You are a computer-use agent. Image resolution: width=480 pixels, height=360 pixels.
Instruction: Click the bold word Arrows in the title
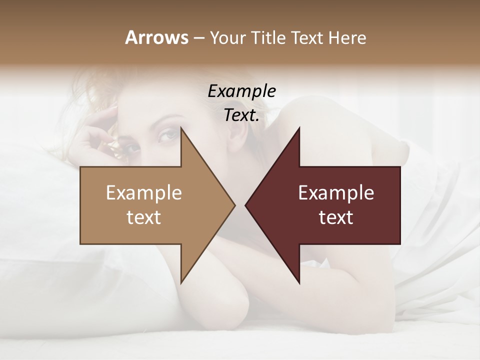[x=156, y=37]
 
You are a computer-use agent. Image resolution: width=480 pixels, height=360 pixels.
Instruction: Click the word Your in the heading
[x=225, y=38]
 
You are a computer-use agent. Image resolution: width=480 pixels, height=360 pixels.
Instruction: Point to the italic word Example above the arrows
[x=241, y=91]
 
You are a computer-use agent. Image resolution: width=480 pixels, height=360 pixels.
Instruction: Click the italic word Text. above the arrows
[x=241, y=115]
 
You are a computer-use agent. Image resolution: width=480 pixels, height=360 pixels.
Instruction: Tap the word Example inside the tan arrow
[x=144, y=192]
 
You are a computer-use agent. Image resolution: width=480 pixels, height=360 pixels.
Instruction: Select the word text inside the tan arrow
[x=144, y=217]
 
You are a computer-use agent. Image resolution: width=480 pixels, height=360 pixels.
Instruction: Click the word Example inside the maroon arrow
[x=336, y=192]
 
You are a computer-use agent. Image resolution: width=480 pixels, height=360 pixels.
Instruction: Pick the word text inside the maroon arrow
[x=336, y=217]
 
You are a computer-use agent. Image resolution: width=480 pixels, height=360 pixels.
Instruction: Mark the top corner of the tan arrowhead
[x=181, y=128]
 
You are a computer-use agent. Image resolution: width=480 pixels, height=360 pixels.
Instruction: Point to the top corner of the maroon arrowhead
[x=298, y=128]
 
